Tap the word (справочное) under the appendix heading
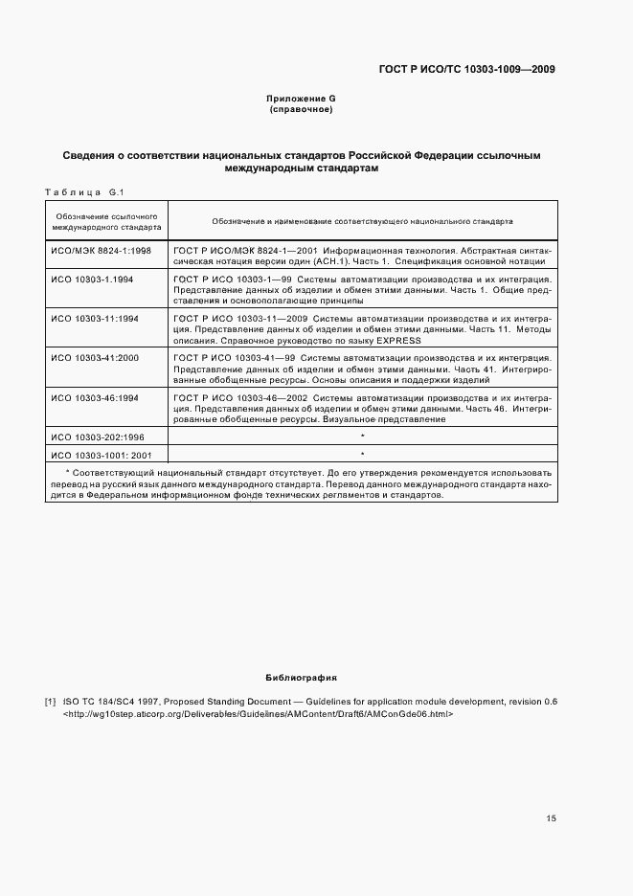(x=302, y=110)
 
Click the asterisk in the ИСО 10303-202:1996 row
(x=363, y=436)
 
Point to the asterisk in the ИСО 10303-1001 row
(x=363, y=453)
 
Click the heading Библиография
(x=302, y=678)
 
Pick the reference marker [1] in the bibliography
(x=50, y=702)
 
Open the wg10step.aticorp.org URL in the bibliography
(x=257, y=714)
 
